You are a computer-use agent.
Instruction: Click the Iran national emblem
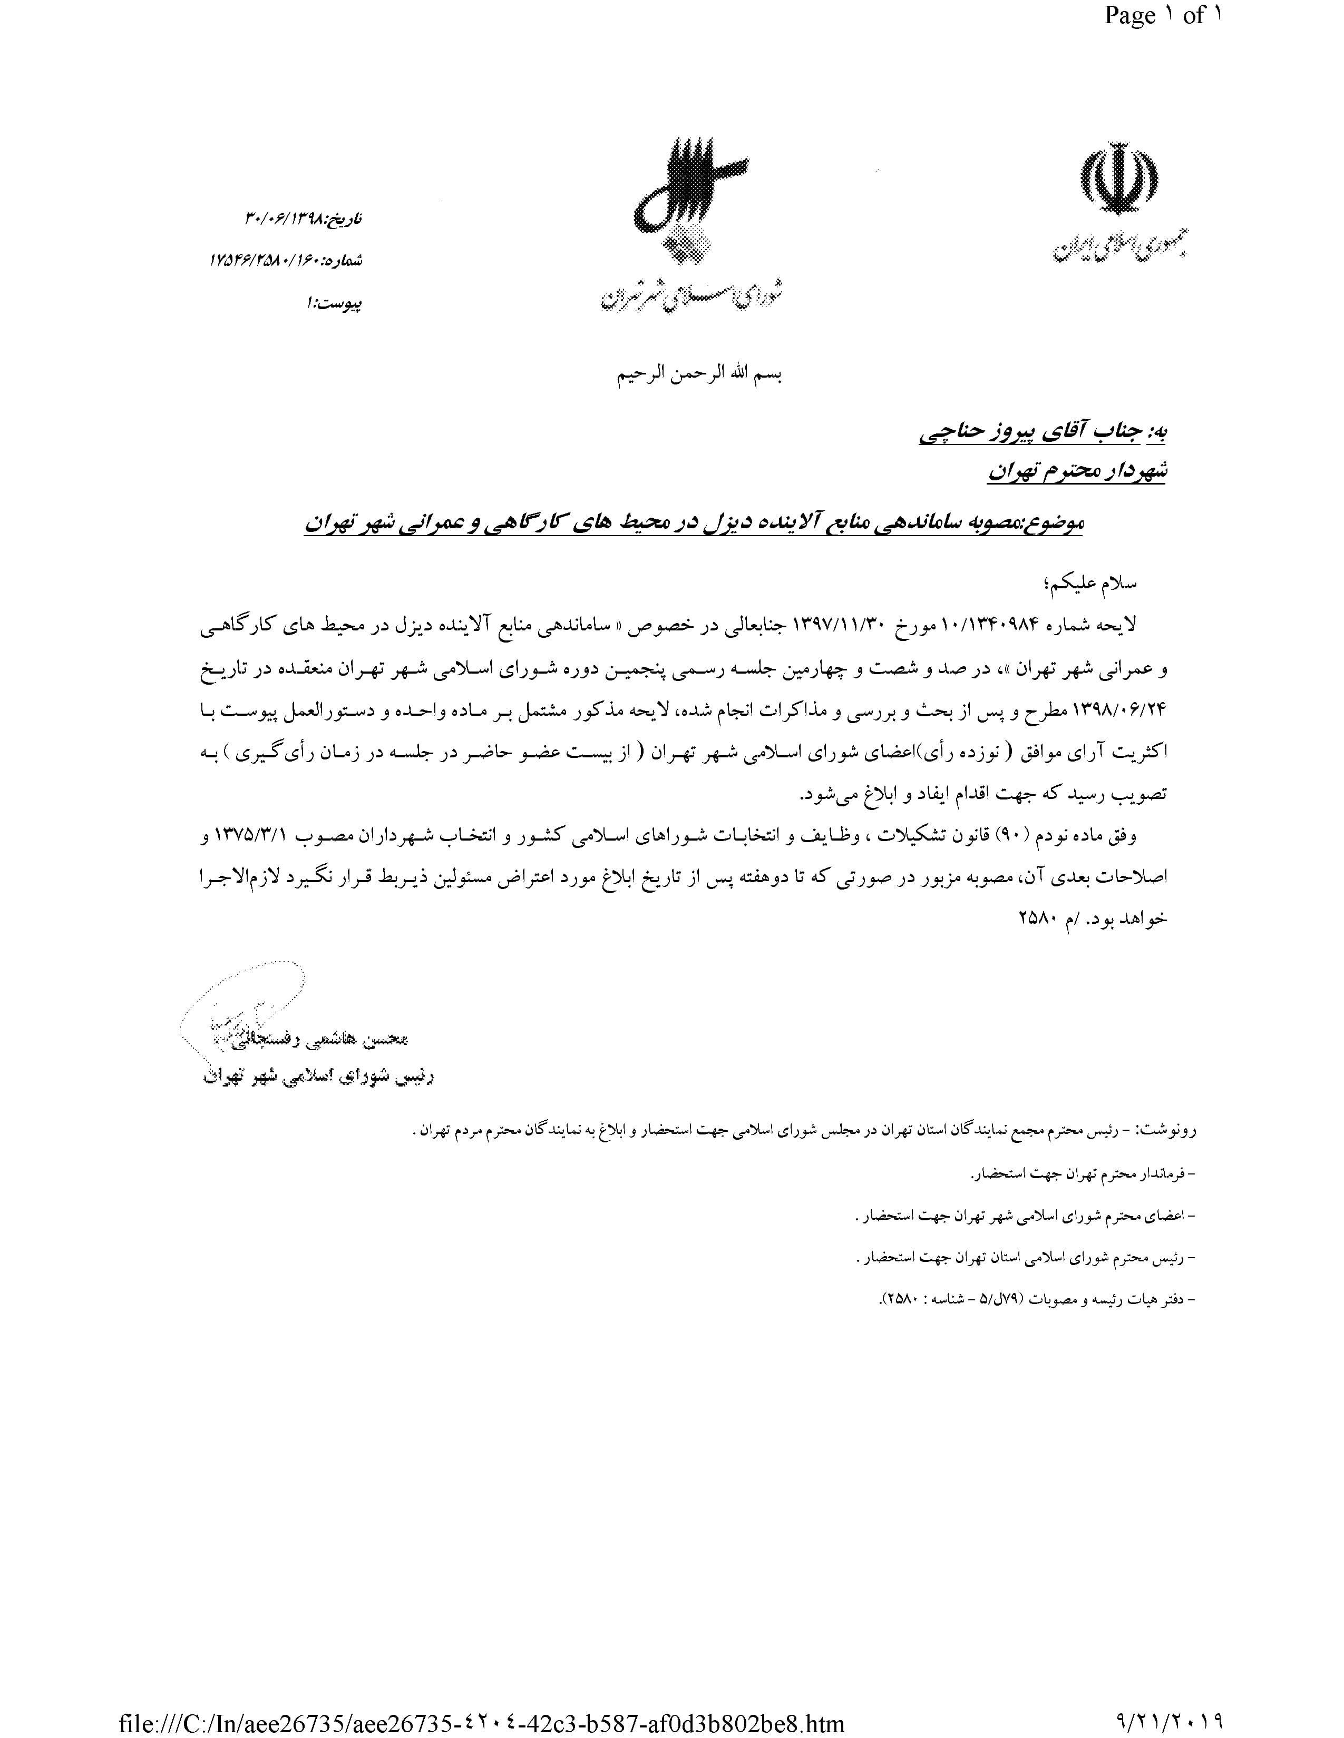pyautogui.click(x=1118, y=185)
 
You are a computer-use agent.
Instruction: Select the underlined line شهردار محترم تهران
pyautogui.click(x=1076, y=471)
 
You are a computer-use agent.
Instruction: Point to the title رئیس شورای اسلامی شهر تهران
pyautogui.click(x=318, y=1077)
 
